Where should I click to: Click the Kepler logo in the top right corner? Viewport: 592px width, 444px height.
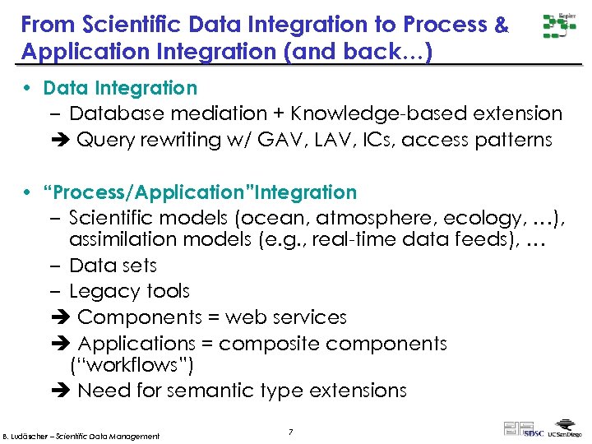click(x=559, y=26)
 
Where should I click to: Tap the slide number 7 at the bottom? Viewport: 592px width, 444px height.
click(x=290, y=432)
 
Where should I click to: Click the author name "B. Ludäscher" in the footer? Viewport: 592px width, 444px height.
click(x=30, y=436)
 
